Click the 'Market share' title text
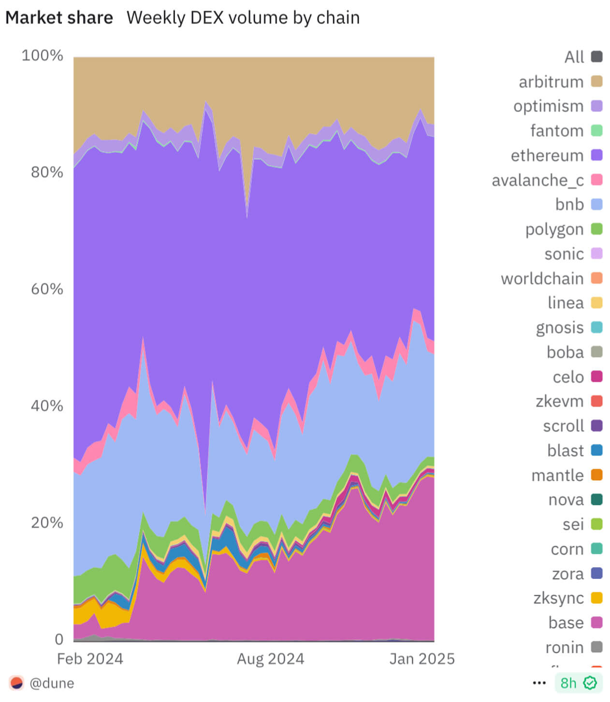coord(59,18)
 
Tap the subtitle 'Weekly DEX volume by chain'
coord(243,18)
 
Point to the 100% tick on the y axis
coord(42,56)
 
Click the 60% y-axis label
coord(47,289)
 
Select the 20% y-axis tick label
coord(47,522)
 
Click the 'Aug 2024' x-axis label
coord(270,659)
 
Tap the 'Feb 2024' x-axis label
coord(90,659)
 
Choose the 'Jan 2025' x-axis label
coord(422,659)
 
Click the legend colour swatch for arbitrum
coord(597,82)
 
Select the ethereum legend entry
coord(547,155)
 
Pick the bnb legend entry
coord(569,205)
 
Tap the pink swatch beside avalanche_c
coord(597,180)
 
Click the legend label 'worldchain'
coord(542,279)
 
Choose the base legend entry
coord(566,623)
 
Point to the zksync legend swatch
coord(597,598)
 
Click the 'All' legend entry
coord(574,57)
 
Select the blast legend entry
coord(566,450)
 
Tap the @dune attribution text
coord(52,683)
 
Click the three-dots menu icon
coord(539,683)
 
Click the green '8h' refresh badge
coord(578,683)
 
